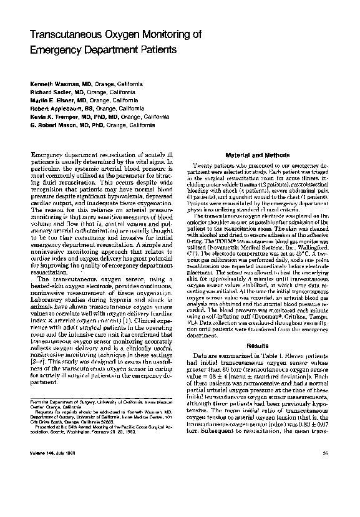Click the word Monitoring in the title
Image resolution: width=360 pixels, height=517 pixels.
(170, 36)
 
